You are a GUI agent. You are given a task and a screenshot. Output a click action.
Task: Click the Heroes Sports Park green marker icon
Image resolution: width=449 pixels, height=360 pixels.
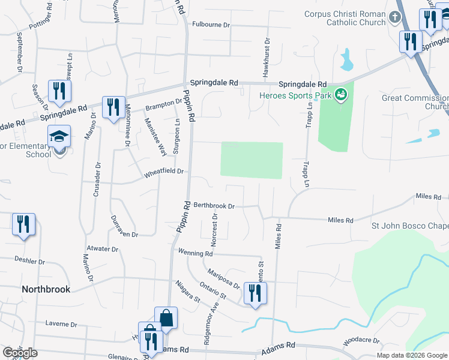coord(341,95)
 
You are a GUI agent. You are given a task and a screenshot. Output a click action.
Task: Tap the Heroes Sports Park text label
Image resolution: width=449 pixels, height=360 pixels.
coord(295,95)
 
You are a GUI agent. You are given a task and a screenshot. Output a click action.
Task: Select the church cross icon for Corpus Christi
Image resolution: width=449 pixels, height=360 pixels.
coord(394,17)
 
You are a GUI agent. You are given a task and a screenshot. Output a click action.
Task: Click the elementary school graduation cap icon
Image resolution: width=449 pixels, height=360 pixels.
coord(59,137)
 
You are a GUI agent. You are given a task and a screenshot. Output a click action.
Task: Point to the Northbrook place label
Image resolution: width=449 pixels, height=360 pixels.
coord(46,289)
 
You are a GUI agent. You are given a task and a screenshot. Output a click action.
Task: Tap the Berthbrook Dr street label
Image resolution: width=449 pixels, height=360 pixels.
coord(213,205)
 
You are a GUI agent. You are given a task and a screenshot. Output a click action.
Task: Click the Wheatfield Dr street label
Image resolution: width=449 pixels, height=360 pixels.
coord(164,173)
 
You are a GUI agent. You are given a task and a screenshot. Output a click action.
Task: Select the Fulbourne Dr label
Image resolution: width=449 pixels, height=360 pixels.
coord(211,25)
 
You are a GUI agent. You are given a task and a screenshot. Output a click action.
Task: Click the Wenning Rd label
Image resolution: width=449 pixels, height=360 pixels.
coord(196,253)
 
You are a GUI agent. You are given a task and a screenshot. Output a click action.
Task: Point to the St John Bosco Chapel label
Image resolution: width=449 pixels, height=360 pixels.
coord(410,226)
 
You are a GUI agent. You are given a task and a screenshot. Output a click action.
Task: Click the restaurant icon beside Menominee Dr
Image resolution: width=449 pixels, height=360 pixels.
coord(113,107)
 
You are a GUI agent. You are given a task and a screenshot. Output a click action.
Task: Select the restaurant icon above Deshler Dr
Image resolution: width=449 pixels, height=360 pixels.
coord(23,224)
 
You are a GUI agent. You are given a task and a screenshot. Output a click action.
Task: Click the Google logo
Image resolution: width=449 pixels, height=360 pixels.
coord(20,353)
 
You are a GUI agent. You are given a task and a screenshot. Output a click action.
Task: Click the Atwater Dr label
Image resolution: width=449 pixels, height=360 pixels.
coord(102,248)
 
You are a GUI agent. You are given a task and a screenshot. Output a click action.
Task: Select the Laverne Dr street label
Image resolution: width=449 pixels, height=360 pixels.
coord(61,324)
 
